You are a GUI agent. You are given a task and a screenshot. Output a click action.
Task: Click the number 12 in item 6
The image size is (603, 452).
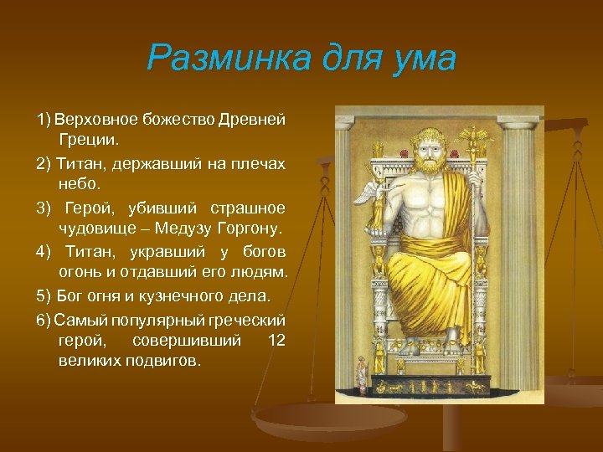pyautogui.click(x=276, y=340)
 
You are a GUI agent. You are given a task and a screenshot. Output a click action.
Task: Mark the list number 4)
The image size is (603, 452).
pyautogui.click(x=44, y=252)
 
